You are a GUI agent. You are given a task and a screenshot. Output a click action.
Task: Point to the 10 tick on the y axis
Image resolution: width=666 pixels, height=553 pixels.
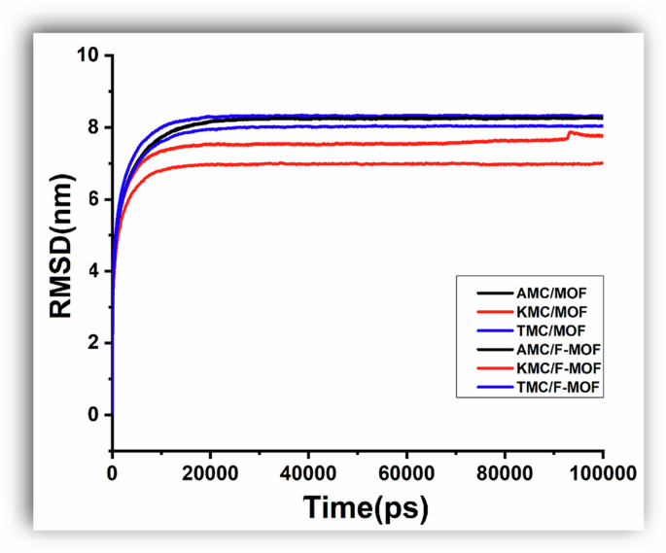tap(90, 55)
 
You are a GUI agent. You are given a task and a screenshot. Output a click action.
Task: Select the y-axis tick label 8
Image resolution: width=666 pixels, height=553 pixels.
tap(94, 127)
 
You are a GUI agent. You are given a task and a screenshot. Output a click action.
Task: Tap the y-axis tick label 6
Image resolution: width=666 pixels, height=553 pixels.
tap(94, 199)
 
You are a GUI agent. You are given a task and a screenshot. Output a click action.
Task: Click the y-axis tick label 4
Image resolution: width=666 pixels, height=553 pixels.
tap(94, 271)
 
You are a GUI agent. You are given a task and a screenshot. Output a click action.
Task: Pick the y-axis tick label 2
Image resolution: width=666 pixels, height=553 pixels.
tap(94, 343)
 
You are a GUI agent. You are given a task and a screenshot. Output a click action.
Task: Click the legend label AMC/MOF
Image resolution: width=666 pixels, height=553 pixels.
tap(545, 291)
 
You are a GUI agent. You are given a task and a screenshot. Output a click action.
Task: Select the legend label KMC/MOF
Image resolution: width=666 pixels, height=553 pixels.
tap(545, 310)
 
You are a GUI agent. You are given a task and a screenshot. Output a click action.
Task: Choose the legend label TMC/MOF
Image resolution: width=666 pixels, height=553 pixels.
tap(545, 329)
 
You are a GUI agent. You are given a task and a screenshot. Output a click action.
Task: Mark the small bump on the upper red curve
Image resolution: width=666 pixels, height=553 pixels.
tap(571, 132)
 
